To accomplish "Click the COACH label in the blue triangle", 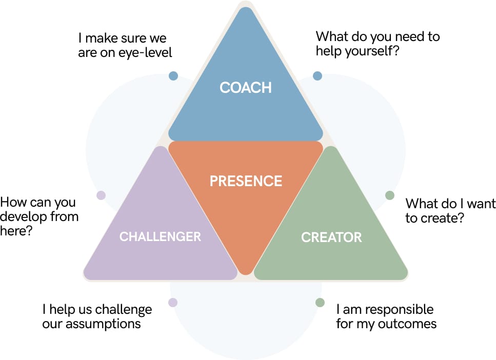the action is (246, 88).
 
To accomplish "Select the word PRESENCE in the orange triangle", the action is (246, 181).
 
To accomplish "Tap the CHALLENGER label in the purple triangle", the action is (160, 236).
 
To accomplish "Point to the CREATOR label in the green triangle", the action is (331, 237).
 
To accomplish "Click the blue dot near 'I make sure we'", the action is (173, 76).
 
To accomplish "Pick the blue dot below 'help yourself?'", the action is (318, 76).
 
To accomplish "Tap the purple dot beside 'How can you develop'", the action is (101, 195).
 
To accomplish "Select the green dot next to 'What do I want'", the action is (390, 195).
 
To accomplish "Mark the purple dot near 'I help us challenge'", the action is (173, 303).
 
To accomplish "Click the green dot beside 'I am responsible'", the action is (320, 303).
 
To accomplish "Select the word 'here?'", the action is (16, 231).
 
